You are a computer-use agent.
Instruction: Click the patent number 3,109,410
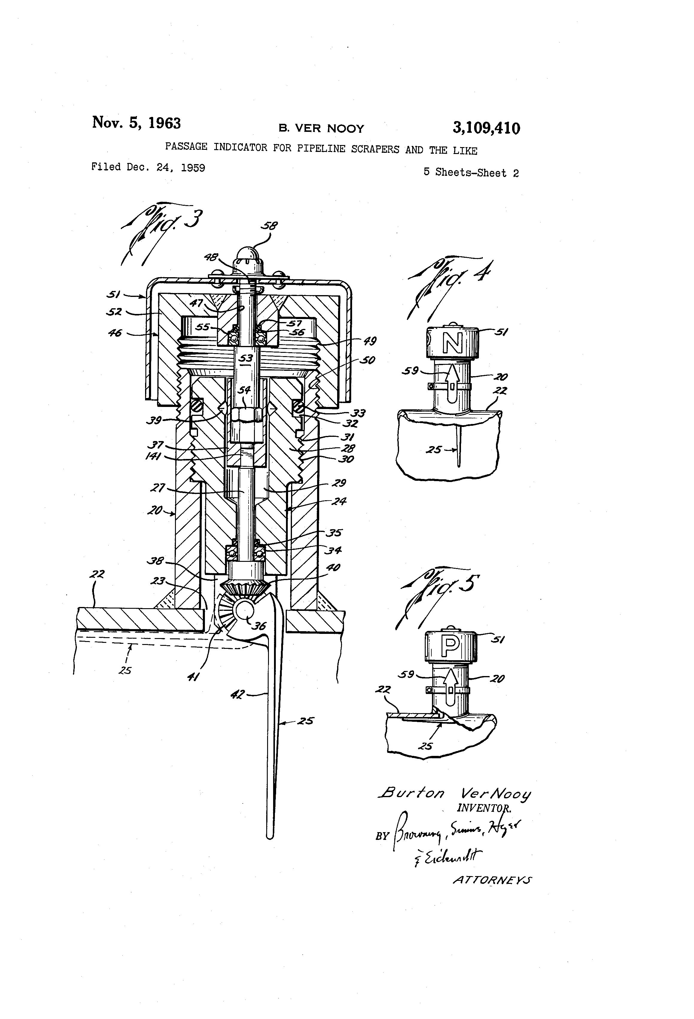[x=486, y=129]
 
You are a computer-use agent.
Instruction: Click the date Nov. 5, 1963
[x=136, y=123]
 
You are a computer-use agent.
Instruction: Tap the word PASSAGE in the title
[x=186, y=147]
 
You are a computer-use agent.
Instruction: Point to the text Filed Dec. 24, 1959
[x=148, y=167]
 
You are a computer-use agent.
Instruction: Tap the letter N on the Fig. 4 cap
[x=452, y=343]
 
